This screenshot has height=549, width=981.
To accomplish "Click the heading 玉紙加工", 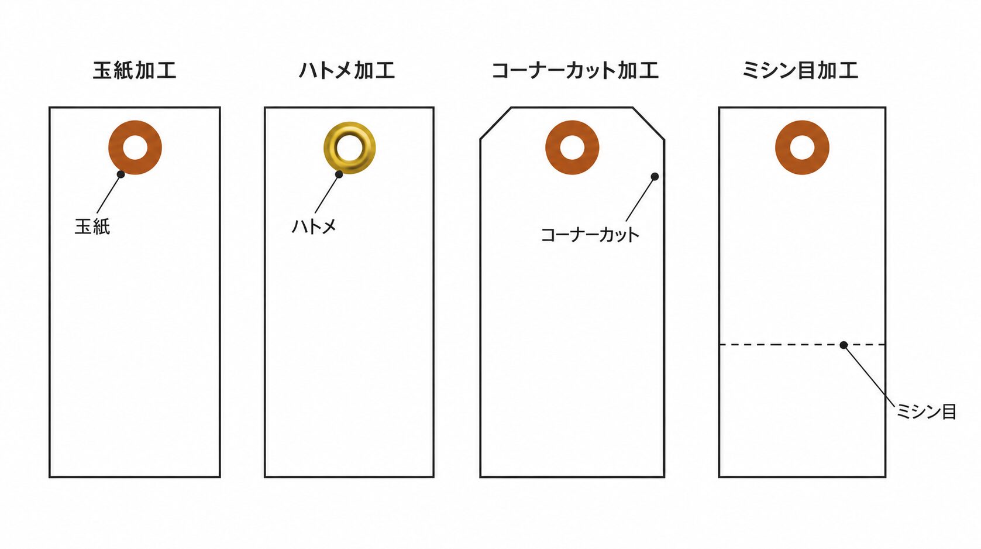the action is pyautogui.click(x=135, y=71).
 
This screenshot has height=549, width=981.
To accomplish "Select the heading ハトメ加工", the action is pyautogui.click(x=347, y=71).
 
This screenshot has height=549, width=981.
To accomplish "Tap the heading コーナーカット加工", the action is pyautogui.click(x=575, y=71).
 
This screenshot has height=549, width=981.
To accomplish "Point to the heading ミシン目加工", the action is pyautogui.click(x=800, y=71).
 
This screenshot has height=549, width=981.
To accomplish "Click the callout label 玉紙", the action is pyautogui.click(x=92, y=227).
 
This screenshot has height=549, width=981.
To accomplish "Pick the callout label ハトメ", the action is pyautogui.click(x=314, y=227).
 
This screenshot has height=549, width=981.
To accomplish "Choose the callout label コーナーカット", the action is pyautogui.click(x=590, y=235).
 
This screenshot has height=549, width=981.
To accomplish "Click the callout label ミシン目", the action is pyautogui.click(x=926, y=411).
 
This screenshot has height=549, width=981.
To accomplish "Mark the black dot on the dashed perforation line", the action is pyautogui.click(x=844, y=345).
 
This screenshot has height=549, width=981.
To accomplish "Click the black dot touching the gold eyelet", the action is pyautogui.click(x=339, y=174).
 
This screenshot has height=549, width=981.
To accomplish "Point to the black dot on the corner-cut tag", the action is pyautogui.click(x=655, y=177).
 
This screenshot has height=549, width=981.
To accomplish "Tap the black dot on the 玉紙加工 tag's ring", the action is pyautogui.click(x=121, y=174).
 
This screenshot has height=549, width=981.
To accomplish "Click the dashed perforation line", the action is pyautogui.click(x=803, y=345).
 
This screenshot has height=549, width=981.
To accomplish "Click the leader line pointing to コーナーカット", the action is pyautogui.click(x=641, y=199).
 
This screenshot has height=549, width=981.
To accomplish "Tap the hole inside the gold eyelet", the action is pyautogui.click(x=350, y=147).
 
